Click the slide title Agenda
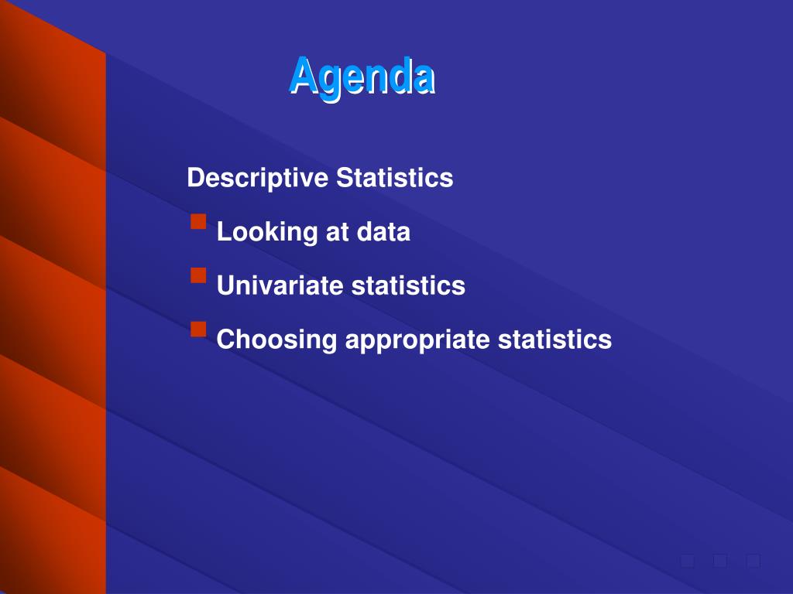(362, 77)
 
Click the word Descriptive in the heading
(257, 179)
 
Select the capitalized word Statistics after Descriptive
(394, 177)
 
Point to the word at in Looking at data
(338, 232)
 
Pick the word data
(383, 231)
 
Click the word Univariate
(280, 285)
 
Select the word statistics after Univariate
(408, 285)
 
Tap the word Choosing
(276, 340)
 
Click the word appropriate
(417, 340)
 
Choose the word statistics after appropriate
(554, 340)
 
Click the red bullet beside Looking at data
(199, 222)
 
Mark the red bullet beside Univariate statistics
(199, 275)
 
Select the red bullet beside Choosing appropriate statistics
(199, 329)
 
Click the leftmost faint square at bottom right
(688, 561)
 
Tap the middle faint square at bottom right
(720, 561)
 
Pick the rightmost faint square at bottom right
(753, 561)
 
